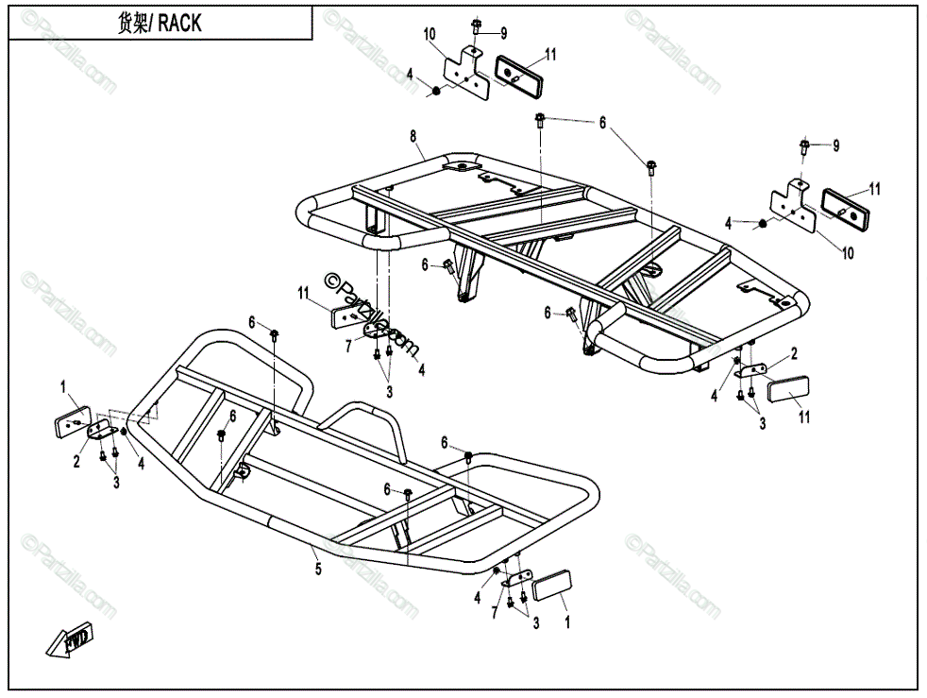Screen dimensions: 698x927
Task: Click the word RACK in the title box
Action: (x=179, y=25)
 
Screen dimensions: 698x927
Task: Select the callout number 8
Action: (x=413, y=137)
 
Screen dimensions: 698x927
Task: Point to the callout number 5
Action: (x=318, y=569)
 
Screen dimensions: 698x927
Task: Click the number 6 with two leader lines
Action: (x=601, y=122)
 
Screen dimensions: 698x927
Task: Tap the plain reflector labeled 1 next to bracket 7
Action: (x=550, y=585)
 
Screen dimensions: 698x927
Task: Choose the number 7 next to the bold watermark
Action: (x=348, y=347)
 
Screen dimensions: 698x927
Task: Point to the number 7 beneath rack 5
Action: (x=494, y=614)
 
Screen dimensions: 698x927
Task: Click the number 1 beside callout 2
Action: (x=63, y=385)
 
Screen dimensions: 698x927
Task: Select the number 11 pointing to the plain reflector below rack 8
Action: (x=804, y=416)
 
